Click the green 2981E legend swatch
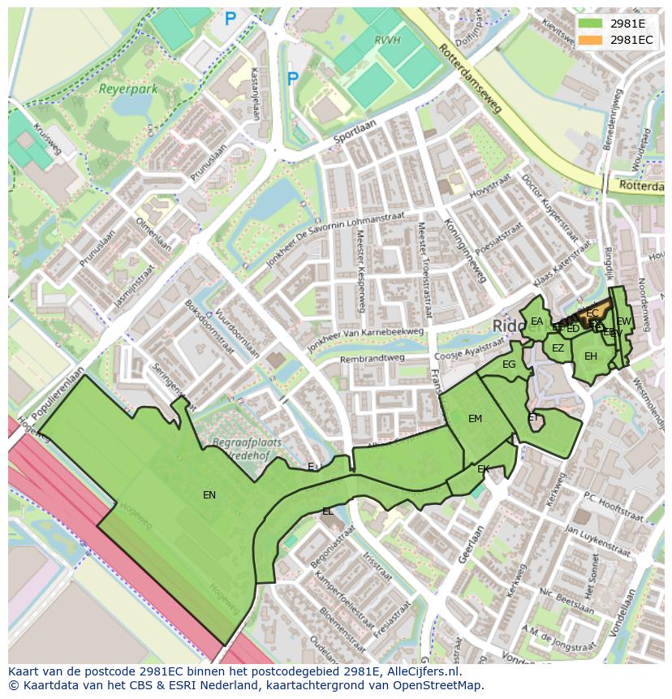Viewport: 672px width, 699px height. [x=591, y=23]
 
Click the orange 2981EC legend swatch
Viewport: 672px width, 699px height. [x=591, y=39]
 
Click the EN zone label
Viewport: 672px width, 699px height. [x=209, y=494]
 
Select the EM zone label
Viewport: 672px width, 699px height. [x=475, y=419]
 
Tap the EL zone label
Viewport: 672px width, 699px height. [x=327, y=511]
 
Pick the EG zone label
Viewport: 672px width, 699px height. [x=509, y=365]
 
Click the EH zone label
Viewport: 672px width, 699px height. [x=591, y=356]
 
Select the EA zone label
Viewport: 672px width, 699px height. [x=536, y=321]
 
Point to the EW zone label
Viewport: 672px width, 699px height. [x=623, y=321]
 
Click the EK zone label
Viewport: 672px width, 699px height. [x=483, y=469]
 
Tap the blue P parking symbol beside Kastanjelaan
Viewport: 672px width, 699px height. [x=292, y=78]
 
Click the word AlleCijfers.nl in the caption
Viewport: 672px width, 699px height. [x=417, y=672]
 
